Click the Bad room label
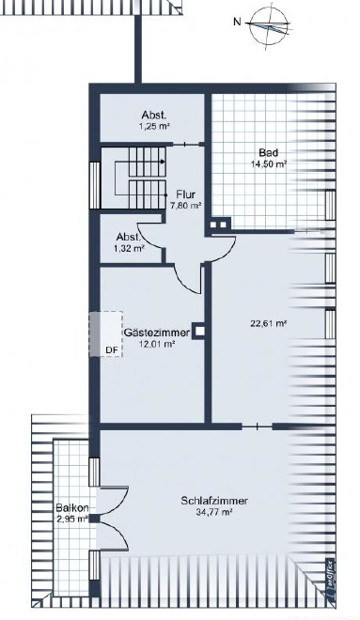click(268, 152)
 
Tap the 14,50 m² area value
click(269, 164)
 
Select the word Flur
click(185, 194)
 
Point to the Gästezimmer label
click(157, 333)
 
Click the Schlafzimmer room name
click(214, 501)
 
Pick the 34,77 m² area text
click(213, 512)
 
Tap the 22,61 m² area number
click(268, 323)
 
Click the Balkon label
click(72, 507)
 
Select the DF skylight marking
click(112, 349)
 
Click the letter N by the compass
click(237, 23)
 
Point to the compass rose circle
click(269, 25)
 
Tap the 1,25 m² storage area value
click(154, 127)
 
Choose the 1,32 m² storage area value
click(129, 248)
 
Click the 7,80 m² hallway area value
click(186, 206)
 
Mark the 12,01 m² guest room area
click(157, 344)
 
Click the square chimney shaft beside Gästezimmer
click(200, 332)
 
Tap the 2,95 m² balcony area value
click(72, 519)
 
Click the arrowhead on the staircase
click(163, 162)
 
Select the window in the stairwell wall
click(95, 185)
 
